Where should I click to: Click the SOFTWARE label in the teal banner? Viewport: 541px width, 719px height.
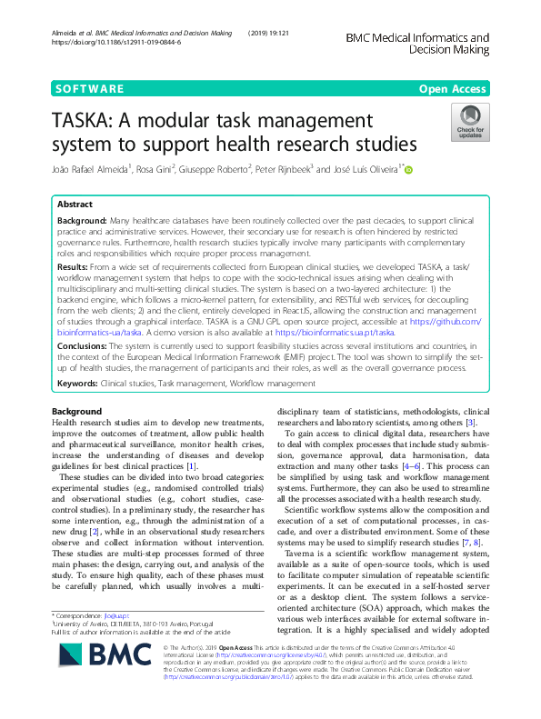90,89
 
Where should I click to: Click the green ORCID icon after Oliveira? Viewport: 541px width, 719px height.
408,169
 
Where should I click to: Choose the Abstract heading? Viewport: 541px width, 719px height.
75,205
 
